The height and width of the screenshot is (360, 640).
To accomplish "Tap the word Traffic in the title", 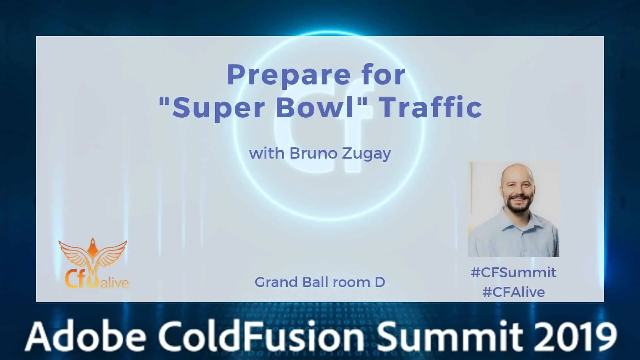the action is tap(431, 107).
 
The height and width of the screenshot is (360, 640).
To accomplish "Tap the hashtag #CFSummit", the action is tap(513, 273).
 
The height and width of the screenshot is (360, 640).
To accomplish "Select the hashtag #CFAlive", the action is tap(514, 292).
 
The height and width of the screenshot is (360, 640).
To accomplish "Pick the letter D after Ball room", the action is tap(380, 282).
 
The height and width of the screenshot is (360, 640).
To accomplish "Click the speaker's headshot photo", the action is tap(513, 209).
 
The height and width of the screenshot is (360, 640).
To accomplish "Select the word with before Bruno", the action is tap(267, 153).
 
